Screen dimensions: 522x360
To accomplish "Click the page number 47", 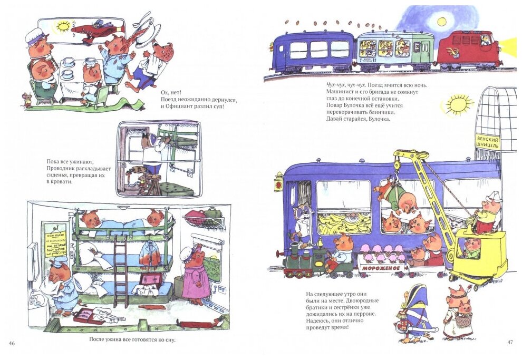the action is [509, 343].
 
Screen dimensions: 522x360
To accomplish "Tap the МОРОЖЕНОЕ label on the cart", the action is [383, 267].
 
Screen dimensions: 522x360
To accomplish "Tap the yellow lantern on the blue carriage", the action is [278, 182].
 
